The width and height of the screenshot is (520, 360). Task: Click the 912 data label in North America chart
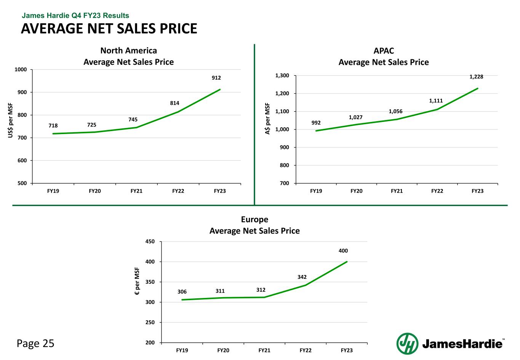click(216, 78)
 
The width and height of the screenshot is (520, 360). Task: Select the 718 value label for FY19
click(53, 125)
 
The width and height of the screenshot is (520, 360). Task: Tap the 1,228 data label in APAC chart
click(476, 77)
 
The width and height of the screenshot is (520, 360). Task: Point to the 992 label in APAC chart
click(316, 123)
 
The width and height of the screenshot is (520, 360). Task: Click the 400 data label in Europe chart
click(343, 251)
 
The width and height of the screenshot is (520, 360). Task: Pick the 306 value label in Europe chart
click(182, 292)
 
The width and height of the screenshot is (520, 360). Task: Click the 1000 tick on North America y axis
click(21, 70)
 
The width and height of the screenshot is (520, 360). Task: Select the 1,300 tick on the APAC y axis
click(282, 76)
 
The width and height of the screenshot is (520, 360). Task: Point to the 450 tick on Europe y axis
click(150, 242)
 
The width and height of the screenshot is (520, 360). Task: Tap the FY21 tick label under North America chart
click(136, 191)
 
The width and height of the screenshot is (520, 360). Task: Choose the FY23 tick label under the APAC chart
click(477, 191)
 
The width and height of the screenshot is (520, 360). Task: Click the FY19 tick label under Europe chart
click(182, 350)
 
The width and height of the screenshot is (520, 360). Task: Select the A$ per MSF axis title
click(267, 118)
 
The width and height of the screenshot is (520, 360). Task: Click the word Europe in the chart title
click(254, 219)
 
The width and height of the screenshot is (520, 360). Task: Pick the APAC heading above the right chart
click(384, 51)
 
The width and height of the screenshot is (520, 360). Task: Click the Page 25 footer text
click(35, 344)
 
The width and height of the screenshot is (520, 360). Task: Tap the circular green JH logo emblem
click(407, 343)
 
